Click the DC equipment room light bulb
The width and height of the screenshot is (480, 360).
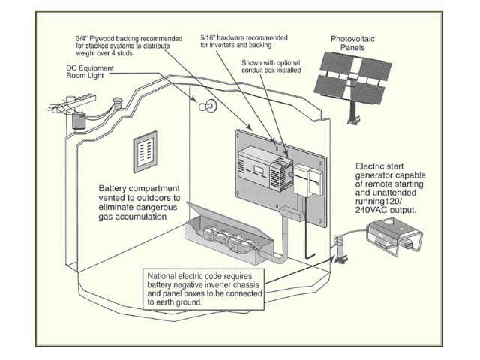(x=202, y=106)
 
